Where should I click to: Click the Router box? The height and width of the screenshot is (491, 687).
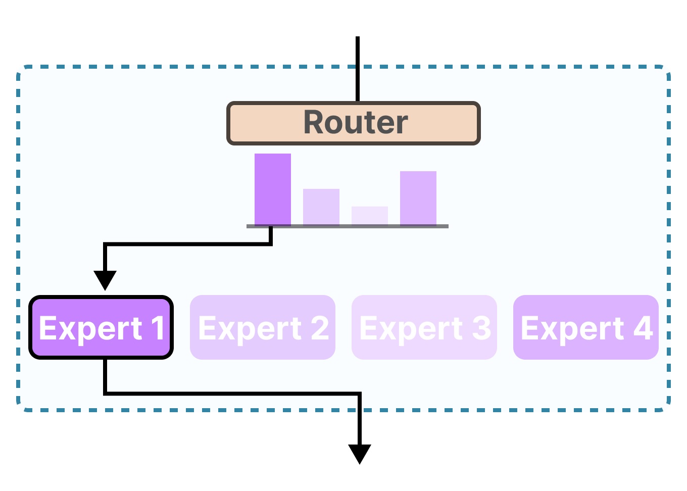(354, 123)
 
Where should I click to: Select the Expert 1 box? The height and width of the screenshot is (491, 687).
(101, 327)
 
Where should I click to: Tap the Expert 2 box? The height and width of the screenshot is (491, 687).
(263, 327)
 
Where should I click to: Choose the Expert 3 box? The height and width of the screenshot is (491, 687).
(424, 327)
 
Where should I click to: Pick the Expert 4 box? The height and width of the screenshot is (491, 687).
(586, 327)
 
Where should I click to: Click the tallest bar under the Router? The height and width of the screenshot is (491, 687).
(273, 189)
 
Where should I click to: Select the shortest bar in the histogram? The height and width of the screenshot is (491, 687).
(370, 216)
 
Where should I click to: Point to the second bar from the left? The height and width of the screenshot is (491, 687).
(321, 207)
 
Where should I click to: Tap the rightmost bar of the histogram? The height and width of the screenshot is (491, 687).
(418, 198)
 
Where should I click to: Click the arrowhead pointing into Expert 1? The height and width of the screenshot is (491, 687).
(105, 279)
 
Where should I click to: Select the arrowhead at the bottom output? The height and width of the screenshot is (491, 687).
(360, 453)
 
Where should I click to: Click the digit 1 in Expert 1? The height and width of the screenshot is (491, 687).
(158, 328)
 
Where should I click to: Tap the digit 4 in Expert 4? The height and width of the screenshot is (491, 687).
(643, 328)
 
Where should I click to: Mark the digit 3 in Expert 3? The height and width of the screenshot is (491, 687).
(481, 328)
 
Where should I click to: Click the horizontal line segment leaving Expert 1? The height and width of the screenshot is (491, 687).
(232, 393)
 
